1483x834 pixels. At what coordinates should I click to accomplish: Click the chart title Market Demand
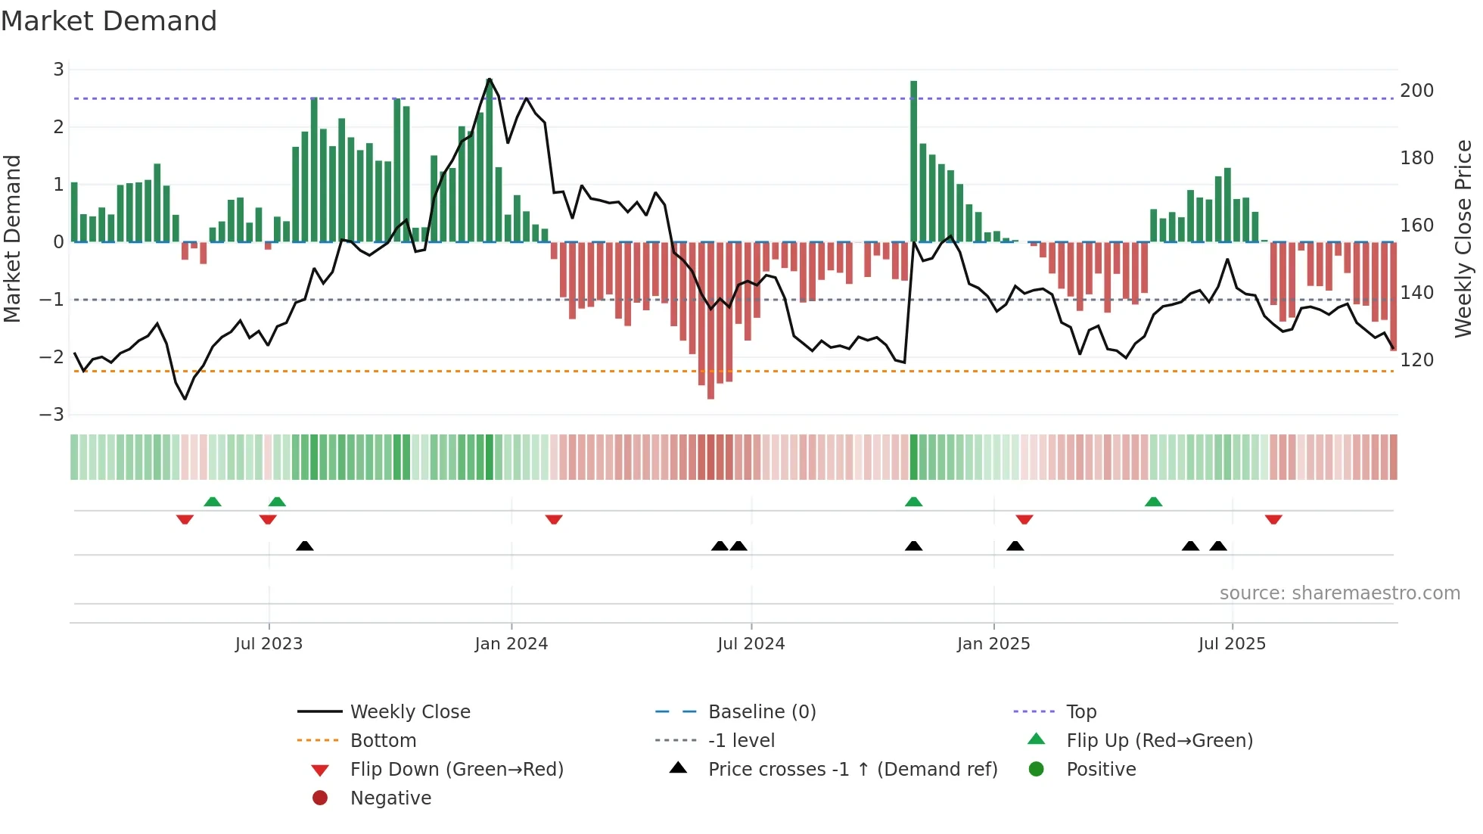click(x=109, y=21)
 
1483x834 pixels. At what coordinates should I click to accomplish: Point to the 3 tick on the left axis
click(x=58, y=70)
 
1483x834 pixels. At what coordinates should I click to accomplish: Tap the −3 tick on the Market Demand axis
click(x=52, y=415)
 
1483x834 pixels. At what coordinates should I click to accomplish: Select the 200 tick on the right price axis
click(x=1416, y=91)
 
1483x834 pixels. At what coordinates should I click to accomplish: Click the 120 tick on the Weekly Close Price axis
click(x=1416, y=360)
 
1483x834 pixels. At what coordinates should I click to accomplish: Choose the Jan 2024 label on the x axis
click(x=511, y=644)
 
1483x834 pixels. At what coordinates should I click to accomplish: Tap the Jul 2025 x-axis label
click(x=1231, y=644)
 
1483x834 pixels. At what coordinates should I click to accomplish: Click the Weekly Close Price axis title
click(x=1463, y=238)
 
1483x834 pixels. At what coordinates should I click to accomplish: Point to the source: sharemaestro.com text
click(x=1339, y=593)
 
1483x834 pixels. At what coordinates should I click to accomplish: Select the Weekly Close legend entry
click(x=409, y=712)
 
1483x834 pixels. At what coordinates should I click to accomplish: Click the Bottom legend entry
click(x=383, y=741)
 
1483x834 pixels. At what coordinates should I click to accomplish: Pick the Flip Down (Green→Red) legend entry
click(x=456, y=770)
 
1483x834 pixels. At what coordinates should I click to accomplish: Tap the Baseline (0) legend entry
click(x=761, y=712)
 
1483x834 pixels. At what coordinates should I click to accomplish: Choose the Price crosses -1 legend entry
click(x=852, y=770)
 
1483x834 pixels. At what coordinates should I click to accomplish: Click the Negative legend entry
click(x=390, y=798)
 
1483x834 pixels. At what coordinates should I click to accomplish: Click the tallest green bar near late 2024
click(x=913, y=161)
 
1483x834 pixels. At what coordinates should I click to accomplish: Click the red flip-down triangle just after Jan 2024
click(x=554, y=520)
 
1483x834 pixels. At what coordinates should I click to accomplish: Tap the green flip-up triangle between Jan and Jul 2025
click(x=1153, y=502)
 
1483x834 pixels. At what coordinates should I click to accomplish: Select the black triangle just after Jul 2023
click(x=305, y=546)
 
